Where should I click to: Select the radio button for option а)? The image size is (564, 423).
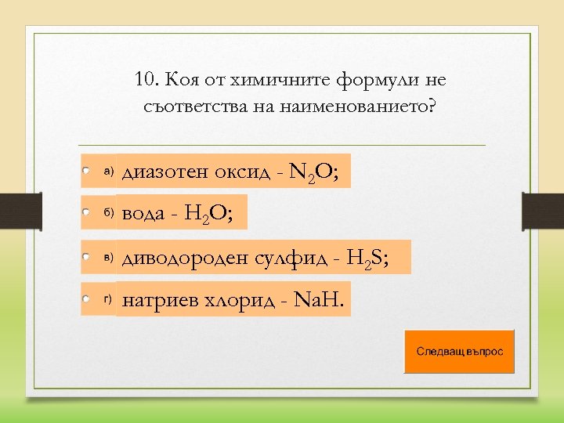click(87, 170)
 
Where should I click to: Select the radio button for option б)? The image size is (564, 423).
click(87, 212)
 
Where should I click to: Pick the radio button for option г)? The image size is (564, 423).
click(87, 298)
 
